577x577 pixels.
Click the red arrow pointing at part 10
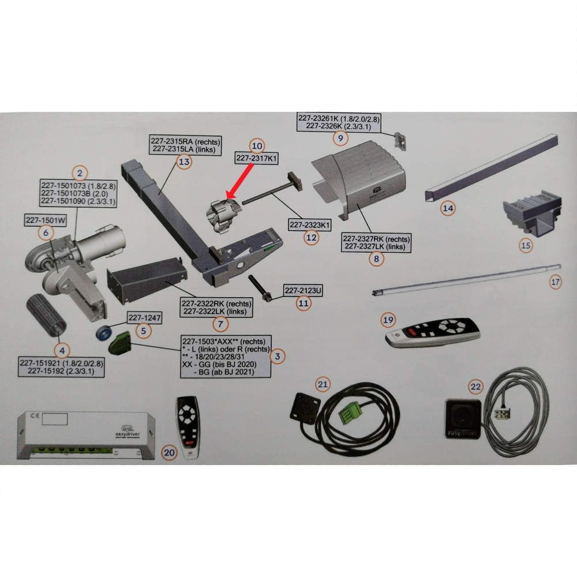point(239,181)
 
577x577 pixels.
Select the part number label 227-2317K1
point(257,158)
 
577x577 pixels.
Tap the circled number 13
point(184,162)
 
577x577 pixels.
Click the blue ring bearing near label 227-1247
point(104,333)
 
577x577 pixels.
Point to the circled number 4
point(62,350)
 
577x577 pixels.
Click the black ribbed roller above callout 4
point(46,315)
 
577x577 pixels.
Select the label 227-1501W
point(46,220)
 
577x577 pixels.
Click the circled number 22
point(475,387)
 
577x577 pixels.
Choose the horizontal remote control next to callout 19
point(433,332)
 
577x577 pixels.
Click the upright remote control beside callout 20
point(189,426)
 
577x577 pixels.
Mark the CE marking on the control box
point(35,415)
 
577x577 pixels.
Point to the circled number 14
point(448,208)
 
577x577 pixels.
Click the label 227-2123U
point(303,290)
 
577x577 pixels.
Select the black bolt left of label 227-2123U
point(260,288)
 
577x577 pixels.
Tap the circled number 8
point(376,258)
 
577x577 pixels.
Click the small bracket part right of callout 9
point(400,141)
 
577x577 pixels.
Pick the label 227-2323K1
point(309,225)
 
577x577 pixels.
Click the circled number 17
point(555,282)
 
